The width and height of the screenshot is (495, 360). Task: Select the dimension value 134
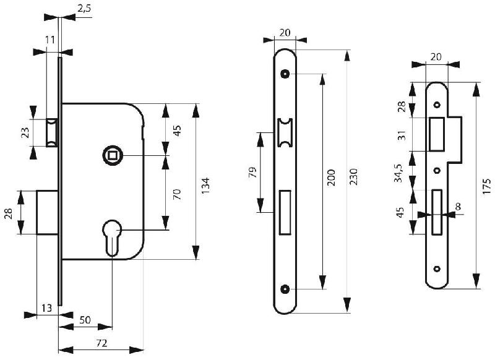tap(206, 184)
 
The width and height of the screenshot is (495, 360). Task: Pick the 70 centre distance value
tap(176, 194)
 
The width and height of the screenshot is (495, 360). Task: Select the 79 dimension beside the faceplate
tap(251, 173)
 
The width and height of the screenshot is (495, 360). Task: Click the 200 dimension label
tap(331, 179)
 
